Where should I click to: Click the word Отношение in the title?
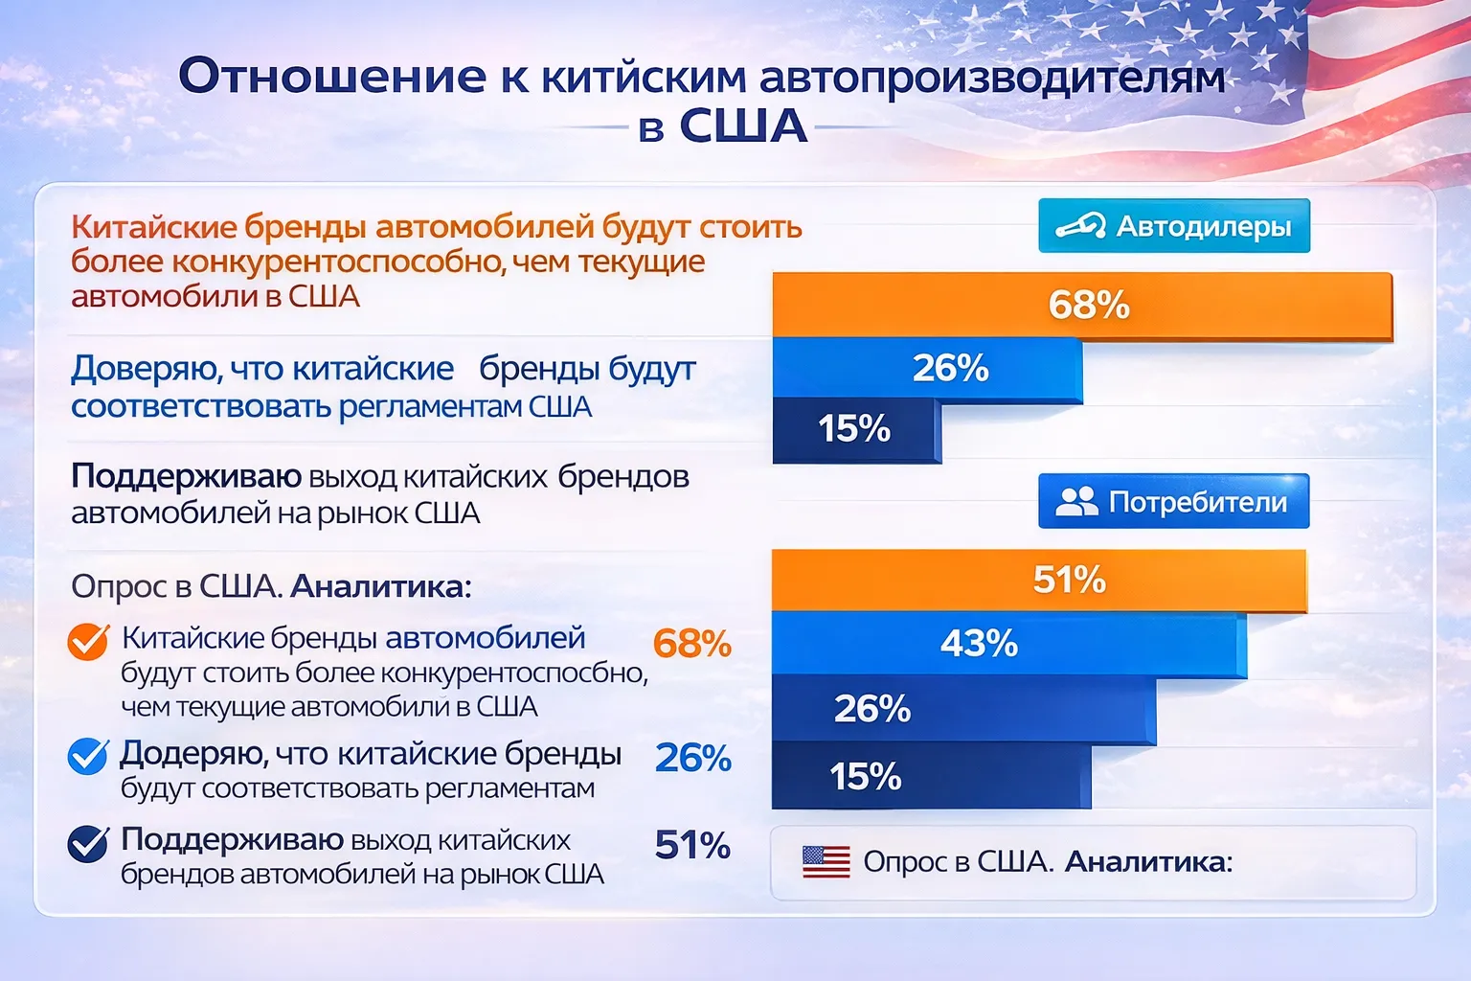coord(332,77)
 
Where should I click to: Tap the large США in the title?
coord(743,126)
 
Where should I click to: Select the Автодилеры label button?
coord(1173,226)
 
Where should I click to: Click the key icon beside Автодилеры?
coord(1080,227)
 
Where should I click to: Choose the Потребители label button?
coord(1173,501)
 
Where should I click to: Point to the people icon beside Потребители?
coord(1076,501)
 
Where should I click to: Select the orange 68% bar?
coord(1082,306)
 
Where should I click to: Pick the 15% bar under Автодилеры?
coord(855,429)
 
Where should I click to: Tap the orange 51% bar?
coord(1039,580)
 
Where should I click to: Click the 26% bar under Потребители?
coord(962,709)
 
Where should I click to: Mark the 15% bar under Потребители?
coord(930,776)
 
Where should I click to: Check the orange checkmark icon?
coord(88,642)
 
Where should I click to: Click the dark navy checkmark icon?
coord(88,844)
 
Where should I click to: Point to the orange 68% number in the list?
coord(691,644)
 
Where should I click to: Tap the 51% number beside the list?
coord(691,845)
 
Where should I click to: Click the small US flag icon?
coord(826,862)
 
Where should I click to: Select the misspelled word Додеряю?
coord(192,755)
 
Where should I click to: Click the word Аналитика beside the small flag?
coord(1147,862)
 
